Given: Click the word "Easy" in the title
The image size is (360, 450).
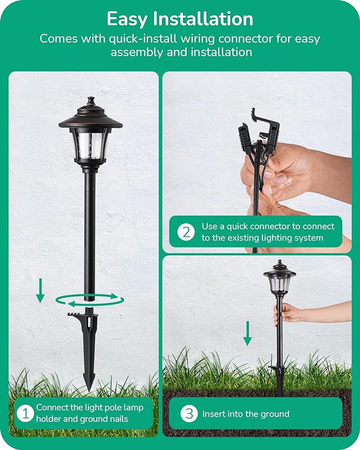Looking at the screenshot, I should coord(127,19).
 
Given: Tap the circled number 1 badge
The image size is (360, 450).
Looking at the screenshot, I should coord(23,413).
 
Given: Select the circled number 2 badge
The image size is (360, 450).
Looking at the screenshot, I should coord(186,232).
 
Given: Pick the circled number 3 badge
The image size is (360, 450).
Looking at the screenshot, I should coord(189,413).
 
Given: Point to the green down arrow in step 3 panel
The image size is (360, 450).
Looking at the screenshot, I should coord(247,333).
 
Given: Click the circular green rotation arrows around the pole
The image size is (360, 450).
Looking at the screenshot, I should coord(90,301).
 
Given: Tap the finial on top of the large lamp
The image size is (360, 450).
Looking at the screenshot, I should coord(91,101).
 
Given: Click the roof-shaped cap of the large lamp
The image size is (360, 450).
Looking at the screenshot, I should coord(91,118).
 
